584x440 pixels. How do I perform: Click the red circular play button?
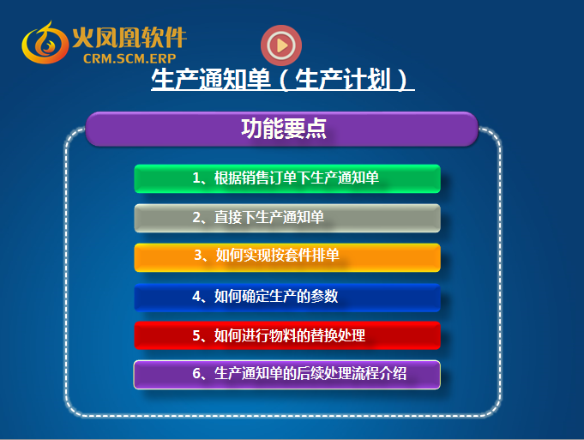pyautogui.click(x=281, y=45)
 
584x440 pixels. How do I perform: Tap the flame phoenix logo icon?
pyautogui.click(x=45, y=43)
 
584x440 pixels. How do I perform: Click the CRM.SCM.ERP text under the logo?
pyautogui.click(x=129, y=58)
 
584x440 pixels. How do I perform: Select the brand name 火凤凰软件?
pyautogui.click(x=129, y=38)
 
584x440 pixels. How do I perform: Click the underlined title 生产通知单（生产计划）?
pyautogui.click(x=283, y=80)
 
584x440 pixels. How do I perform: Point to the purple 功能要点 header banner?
pyautogui.click(x=282, y=129)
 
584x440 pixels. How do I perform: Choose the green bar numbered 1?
pyautogui.click(x=287, y=178)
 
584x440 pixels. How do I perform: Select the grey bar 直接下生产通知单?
pyautogui.click(x=287, y=218)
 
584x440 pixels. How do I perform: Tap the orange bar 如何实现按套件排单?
pyautogui.click(x=287, y=257)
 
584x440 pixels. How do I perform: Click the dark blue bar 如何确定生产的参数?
pyautogui.click(x=287, y=298)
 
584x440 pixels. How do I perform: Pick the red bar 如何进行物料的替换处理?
pyautogui.click(x=287, y=335)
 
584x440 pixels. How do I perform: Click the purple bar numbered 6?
pyautogui.click(x=287, y=375)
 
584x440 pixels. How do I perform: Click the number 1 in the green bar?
pyautogui.click(x=196, y=178)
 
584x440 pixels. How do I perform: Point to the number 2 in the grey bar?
pyautogui.click(x=196, y=217)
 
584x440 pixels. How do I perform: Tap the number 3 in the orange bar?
pyautogui.click(x=198, y=256)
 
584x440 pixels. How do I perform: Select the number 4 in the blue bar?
pyautogui.click(x=196, y=296)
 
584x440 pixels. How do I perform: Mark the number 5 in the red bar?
pyautogui.click(x=196, y=335)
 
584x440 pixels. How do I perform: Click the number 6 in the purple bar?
pyautogui.click(x=196, y=373)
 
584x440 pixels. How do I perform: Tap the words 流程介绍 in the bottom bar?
pyautogui.click(x=379, y=373)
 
